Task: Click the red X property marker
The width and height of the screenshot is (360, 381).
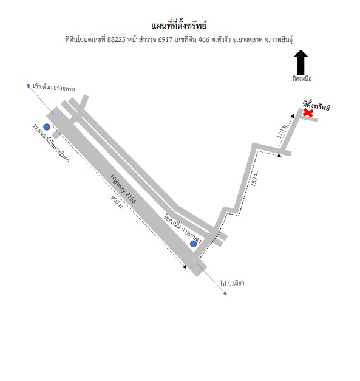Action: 308,113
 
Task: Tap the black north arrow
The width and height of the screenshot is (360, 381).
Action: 301,62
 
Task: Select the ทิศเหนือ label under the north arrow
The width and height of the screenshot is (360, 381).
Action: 302,78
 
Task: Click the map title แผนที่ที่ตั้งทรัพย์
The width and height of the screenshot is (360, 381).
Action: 179,26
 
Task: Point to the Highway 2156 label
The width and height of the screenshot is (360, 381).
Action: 123,189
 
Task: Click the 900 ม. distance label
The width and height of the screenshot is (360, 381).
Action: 117,202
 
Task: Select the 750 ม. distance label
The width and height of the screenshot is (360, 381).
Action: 254,179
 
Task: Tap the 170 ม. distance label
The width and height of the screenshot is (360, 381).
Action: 282,131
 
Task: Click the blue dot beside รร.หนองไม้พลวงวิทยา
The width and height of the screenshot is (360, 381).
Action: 47,127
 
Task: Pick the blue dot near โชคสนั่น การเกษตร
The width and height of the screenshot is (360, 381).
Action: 193,244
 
